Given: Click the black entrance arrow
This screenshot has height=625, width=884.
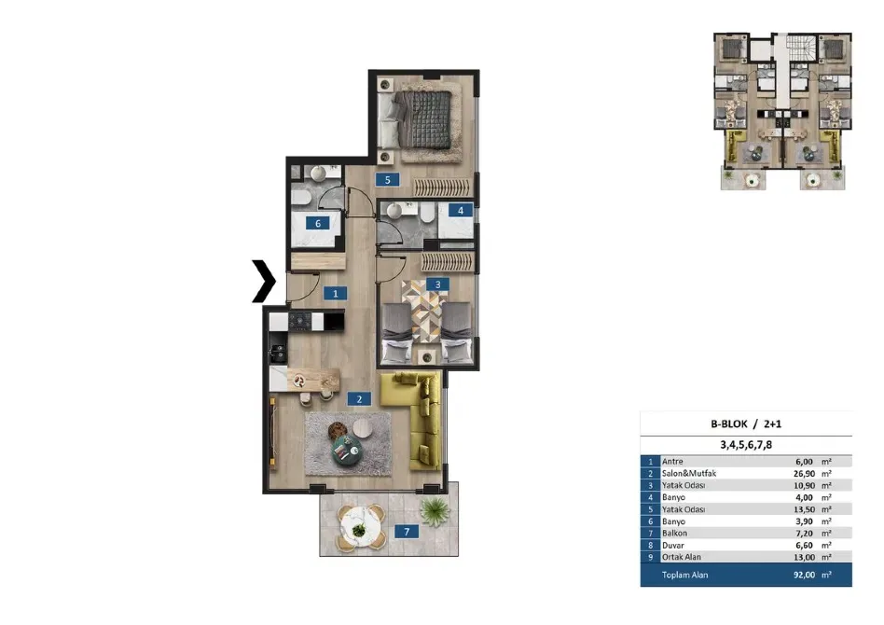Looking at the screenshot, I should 264,282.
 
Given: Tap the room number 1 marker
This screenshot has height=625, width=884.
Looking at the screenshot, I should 334,293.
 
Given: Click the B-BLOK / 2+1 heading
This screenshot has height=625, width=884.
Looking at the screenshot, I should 746,424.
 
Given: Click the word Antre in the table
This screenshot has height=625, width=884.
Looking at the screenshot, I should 672,461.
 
